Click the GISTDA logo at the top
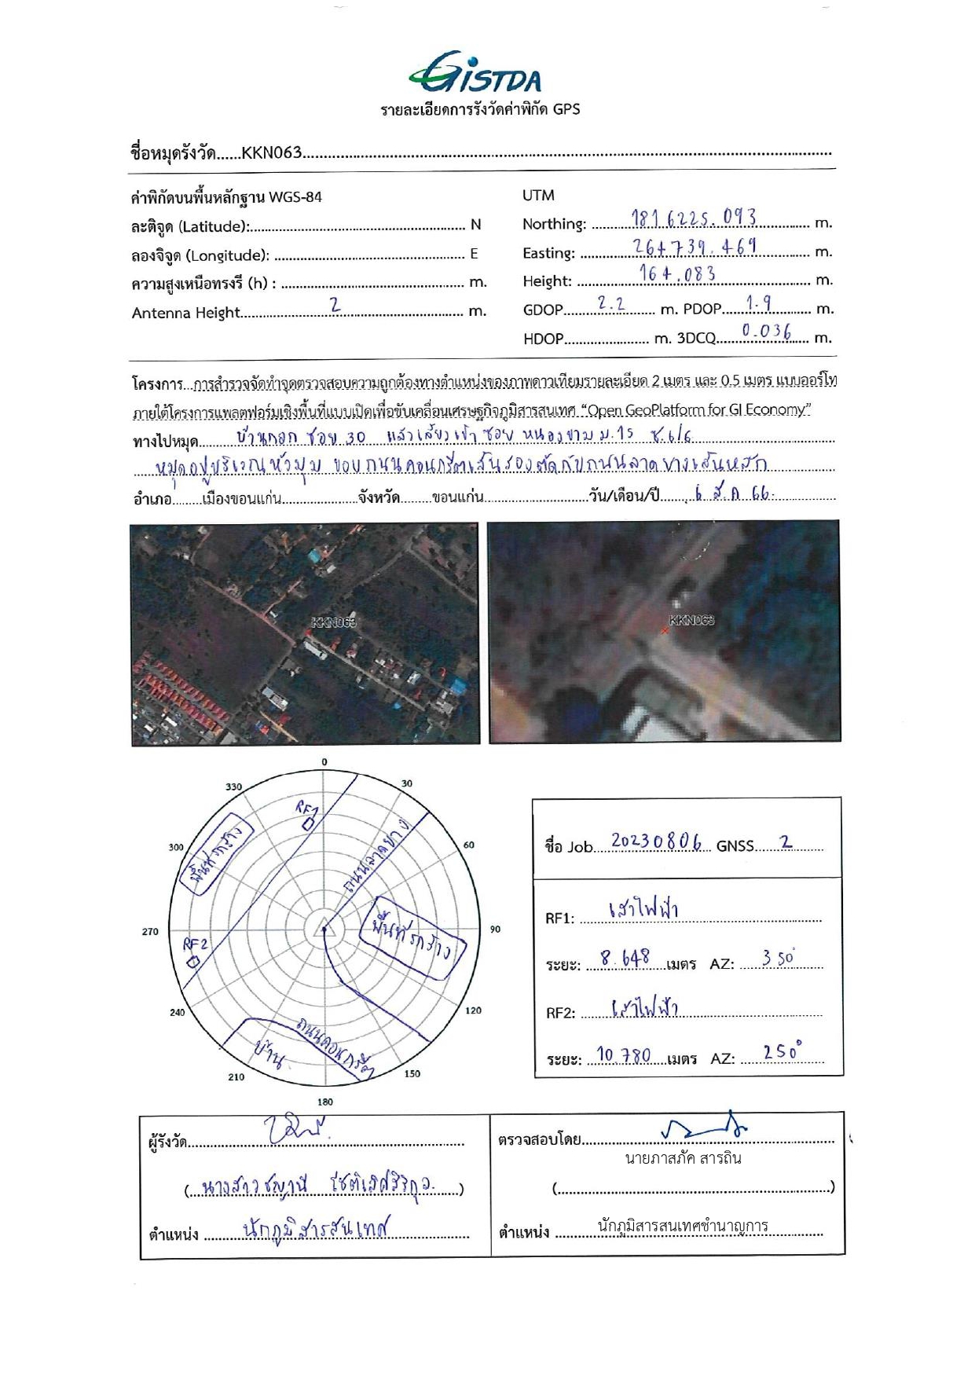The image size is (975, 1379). click(475, 72)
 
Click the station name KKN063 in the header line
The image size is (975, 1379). click(272, 152)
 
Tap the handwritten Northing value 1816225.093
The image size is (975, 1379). click(694, 218)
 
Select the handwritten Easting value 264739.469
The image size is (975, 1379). click(695, 247)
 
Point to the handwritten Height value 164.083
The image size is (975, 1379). click(676, 274)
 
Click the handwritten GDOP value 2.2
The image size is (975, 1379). click(610, 303)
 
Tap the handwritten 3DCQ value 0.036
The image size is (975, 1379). click(766, 332)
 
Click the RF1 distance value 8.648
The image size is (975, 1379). click(625, 958)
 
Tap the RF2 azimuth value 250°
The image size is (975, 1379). click(782, 1051)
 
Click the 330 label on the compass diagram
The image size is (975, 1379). click(234, 787)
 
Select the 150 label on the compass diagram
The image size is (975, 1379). click(412, 1073)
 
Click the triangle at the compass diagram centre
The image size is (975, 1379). click(324, 930)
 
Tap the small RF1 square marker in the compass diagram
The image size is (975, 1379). click(308, 823)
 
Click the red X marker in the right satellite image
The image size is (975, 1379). click(665, 630)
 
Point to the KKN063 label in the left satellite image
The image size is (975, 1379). click(334, 622)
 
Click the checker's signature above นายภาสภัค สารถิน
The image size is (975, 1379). click(703, 1128)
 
